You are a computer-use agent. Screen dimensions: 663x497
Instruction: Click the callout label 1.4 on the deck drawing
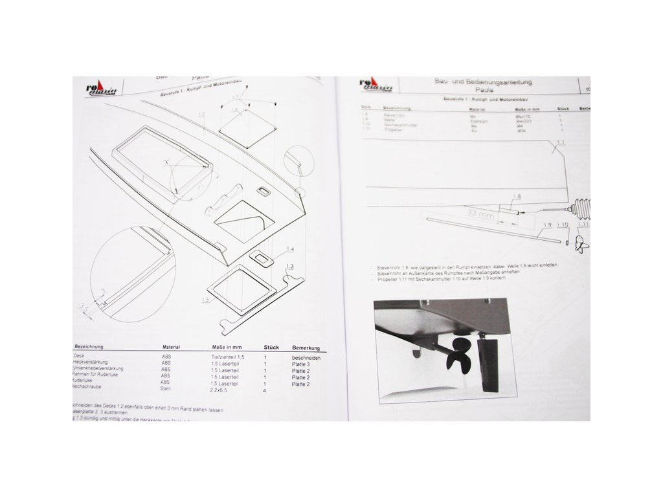289,249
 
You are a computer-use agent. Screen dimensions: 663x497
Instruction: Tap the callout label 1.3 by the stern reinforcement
289,267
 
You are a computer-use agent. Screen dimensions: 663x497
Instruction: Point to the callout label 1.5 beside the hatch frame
205,300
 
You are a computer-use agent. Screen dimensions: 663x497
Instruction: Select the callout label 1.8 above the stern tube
517,195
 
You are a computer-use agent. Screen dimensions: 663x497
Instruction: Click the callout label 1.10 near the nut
563,225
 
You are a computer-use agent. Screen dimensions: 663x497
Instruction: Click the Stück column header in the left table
271,348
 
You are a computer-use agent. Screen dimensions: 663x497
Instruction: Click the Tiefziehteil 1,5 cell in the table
228,357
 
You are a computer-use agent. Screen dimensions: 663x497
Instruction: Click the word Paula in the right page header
475,91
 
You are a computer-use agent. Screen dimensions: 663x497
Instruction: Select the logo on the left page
98,90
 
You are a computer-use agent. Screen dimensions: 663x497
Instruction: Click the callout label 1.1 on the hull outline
561,142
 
